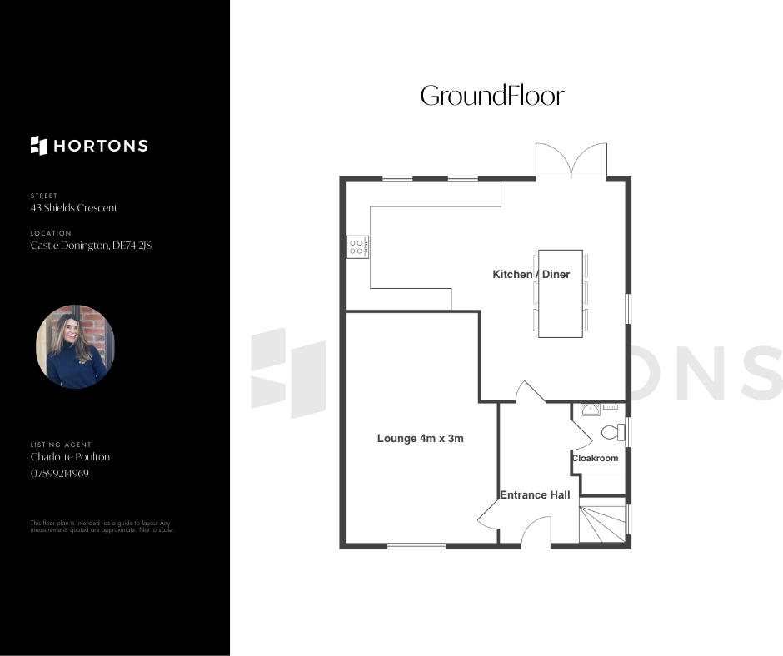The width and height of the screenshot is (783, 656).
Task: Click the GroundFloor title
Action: pyautogui.click(x=491, y=96)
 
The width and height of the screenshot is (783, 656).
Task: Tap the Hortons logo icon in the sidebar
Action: pyautogui.click(x=39, y=146)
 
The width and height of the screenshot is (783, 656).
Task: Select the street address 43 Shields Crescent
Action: pyautogui.click(x=74, y=207)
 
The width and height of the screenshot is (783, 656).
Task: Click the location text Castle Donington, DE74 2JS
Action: pyautogui.click(x=91, y=245)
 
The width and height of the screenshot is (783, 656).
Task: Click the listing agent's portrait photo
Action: pyautogui.click(x=76, y=346)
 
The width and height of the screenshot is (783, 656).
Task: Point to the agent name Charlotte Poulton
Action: pyautogui.click(x=71, y=456)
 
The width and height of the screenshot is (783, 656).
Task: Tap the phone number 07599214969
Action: pyautogui.click(x=60, y=474)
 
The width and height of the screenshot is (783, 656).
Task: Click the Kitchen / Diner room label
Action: pyautogui.click(x=531, y=274)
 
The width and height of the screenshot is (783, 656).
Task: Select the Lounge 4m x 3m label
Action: pyautogui.click(x=421, y=439)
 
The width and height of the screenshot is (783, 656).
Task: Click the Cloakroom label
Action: pyautogui.click(x=596, y=458)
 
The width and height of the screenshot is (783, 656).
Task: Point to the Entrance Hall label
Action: pyautogui.click(x=536, y=494)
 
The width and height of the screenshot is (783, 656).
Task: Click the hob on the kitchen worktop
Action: pyautogui.click(x=357, y=246)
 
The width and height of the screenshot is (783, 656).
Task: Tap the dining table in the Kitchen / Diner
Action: pyautogui.click(x=561, y=294)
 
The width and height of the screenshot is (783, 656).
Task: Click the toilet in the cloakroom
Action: pyautogui.click(x=613, y=432)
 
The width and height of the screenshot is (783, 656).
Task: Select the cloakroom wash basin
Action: pyautogui.click(x=591, y=410)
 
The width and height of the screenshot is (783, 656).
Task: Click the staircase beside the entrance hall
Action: pyautogui.click(x=602, y=524)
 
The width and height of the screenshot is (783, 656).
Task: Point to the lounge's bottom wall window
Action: pyautogui.click(x=416, y=546)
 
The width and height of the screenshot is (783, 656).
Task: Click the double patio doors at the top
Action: pyautogui.click(x=571, y=160)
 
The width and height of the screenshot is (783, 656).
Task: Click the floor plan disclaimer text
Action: pyautogui.click(x=102, y=527)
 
